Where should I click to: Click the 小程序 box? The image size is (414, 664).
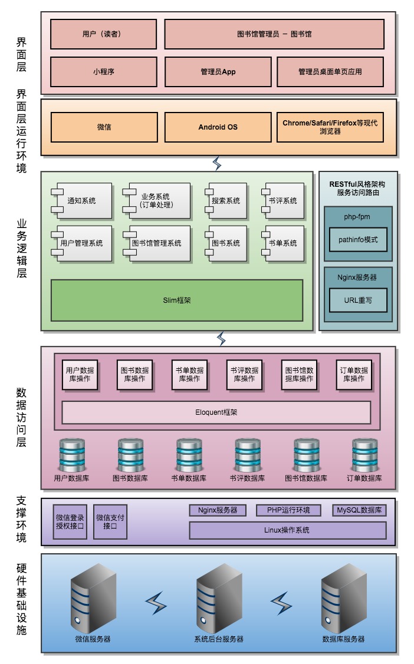(103, 72)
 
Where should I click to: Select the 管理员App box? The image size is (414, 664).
(218, 72)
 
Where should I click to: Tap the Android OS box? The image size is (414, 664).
(218, 127)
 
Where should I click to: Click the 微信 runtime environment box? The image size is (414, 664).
(104, 127)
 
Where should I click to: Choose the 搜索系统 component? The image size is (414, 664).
(226, 201)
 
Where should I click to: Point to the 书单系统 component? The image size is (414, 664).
(283, 243)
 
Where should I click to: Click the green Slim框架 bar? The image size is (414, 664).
(176, 300)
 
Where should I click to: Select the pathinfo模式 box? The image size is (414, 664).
(358, 240)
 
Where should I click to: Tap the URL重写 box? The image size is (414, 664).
(358, 300)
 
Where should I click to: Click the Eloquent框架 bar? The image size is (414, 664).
(216, 412)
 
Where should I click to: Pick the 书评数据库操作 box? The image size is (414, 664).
(244, 375)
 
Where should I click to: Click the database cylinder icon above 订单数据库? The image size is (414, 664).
(364, 454)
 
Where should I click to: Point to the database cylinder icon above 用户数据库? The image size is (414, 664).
(71, 454)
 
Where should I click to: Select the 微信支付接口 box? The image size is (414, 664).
(110, 521)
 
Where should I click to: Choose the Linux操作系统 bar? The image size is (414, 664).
(287, 530)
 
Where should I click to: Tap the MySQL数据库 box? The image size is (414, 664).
(359, 510)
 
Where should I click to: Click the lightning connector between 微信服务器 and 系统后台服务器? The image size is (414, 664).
(156, 603)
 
